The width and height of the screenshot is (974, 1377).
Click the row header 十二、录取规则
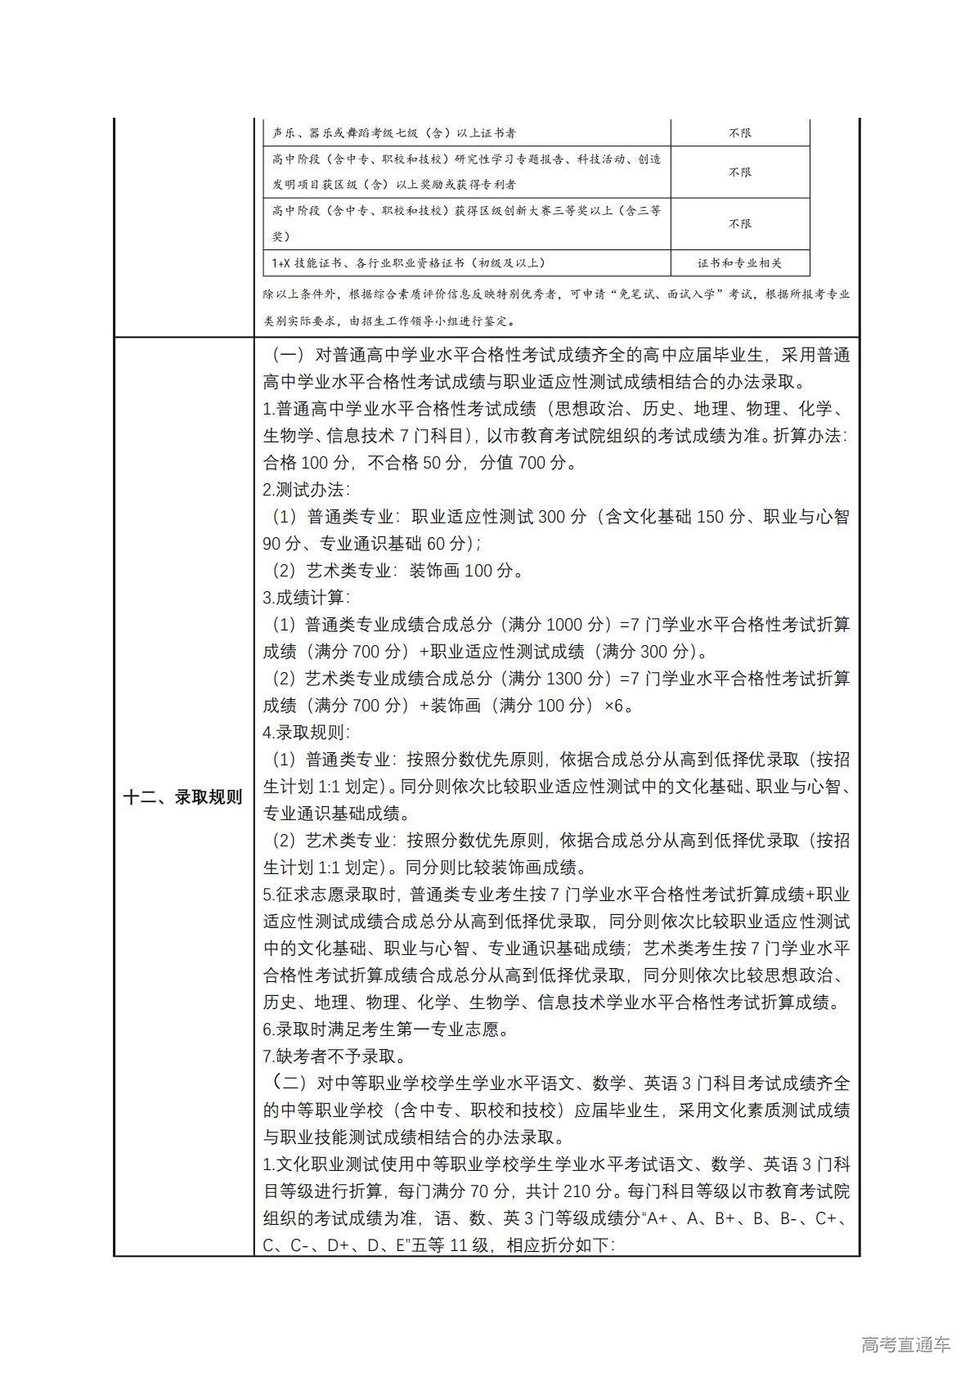click(183, 797)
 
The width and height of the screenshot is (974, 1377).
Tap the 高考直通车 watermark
click(906, 1344)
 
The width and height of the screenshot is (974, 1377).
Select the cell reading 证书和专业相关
click(739, 263)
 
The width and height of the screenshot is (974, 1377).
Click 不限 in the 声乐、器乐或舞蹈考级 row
click(739, 132)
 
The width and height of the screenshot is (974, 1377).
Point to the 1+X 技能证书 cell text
click(409, 263)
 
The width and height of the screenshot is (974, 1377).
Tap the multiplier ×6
click(618, 706)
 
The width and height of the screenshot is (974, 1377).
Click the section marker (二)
click(288, 1083)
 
